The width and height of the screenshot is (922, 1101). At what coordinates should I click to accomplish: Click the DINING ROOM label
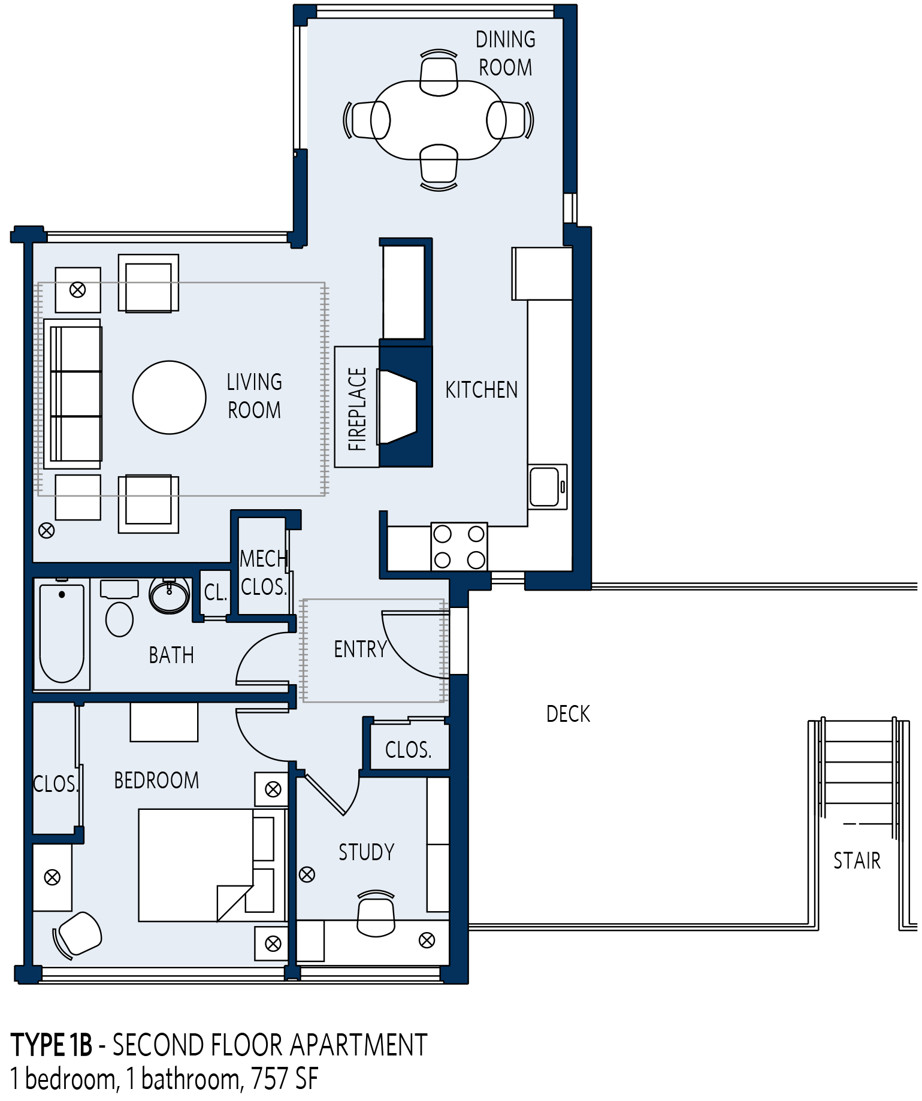(x=506, y=53)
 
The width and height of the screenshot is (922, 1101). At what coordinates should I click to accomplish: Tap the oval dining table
(x=439, y=120)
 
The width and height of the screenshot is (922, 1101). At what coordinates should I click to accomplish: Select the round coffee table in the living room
(x=170, y=397)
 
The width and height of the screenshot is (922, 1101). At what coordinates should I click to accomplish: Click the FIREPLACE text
(x=357, y=409)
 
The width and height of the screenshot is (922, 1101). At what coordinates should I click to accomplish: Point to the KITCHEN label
(x=482, y=390)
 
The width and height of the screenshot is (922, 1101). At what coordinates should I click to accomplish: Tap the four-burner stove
(x=459, y=547)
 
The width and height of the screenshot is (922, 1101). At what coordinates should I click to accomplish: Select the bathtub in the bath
(x=62, y=634)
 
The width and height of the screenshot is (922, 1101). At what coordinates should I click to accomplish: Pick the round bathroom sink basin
(x=170, y=595)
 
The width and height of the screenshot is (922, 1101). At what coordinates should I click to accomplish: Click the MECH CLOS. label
(x=264, y=573)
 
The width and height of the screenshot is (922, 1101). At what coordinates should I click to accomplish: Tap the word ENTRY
(x=360, y=649)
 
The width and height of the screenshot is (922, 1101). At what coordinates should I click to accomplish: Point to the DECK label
(x=569, y=714)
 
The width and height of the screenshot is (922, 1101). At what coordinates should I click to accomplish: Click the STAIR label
(x=857, y=861)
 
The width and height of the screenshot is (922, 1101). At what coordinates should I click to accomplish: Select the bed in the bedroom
(x=212, y=865)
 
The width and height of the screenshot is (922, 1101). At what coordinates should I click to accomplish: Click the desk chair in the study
(x=376, y=914)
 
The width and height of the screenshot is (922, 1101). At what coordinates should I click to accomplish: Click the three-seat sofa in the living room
(x=72, y=394)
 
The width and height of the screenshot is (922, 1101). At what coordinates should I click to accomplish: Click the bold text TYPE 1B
(x=52, y=1045)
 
